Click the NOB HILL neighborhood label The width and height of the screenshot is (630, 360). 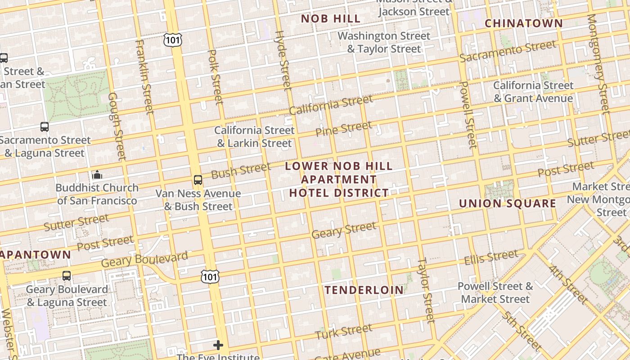[331, 19]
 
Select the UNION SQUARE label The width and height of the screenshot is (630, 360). [507, 203]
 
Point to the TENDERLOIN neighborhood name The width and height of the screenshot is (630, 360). [364, 290]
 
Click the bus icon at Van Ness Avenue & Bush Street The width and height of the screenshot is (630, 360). [198, 180]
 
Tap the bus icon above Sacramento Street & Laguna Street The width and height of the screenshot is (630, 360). [44, 127]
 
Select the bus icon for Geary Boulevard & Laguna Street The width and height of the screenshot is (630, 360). [67, 275]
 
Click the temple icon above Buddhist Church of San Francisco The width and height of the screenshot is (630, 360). [97, 175]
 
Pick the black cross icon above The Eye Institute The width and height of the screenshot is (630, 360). [218, 345]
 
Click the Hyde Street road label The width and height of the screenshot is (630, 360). [283, 60]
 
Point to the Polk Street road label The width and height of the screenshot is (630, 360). [215, 76]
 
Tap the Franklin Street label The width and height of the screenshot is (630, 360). [144, 76]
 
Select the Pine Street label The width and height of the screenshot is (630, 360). [343, 129]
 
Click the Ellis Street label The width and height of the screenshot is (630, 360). [491, 258]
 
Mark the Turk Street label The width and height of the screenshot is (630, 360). [343, 332]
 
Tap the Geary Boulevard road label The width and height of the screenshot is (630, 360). [144, 260]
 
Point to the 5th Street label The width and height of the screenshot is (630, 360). [521, 331]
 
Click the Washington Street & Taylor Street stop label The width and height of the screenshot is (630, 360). [384, 42]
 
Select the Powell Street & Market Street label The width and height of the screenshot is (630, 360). [495, 292]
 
